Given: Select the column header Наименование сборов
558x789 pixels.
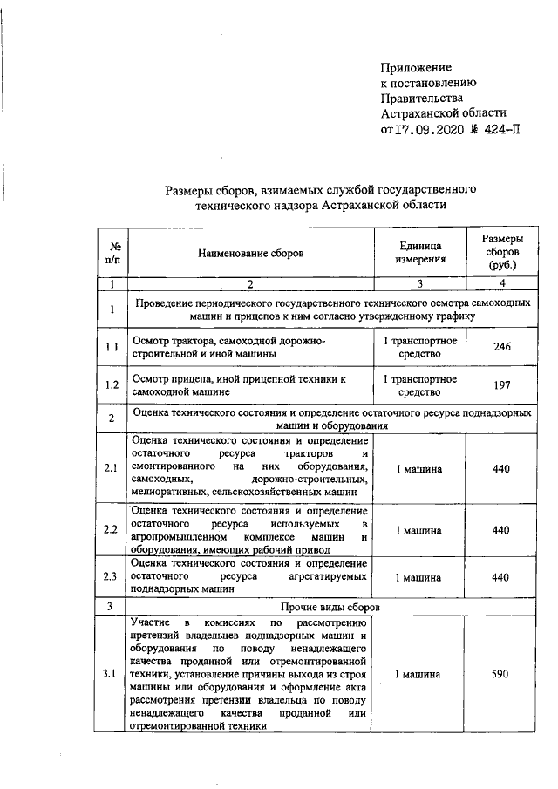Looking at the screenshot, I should [251, 253].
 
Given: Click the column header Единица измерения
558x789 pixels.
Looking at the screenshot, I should [420, 253].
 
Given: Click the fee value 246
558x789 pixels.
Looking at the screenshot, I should [501, 347].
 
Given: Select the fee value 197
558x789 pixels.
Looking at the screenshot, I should [501, 386].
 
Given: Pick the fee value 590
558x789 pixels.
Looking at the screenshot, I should [501, 675].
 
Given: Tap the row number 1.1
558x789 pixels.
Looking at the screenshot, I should [112, 348].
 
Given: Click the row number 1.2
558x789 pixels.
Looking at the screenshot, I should [112, 386].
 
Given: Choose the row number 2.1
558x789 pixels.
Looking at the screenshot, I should [112, 469].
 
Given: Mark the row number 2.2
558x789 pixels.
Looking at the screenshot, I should [112, 530].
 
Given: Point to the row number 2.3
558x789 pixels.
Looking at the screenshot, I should [112, 577].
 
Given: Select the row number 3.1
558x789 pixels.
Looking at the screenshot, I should [112, 675].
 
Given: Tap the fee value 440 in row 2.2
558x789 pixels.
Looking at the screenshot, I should [501, 530].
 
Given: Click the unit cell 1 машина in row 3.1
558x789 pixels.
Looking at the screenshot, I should [419, 675].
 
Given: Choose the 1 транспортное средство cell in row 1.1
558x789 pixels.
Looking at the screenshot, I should [420, 347].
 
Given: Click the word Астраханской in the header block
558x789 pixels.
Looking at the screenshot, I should [421, 114].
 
